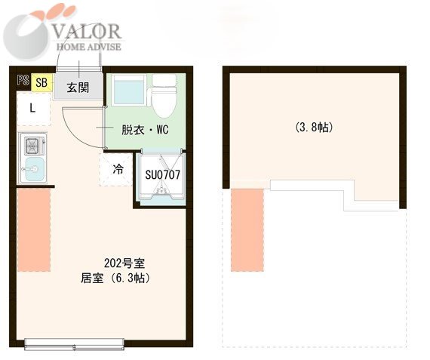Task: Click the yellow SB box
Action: pyautogui.click(x=41, y=82)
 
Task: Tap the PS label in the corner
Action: pyautogui.click(x=23, y=80)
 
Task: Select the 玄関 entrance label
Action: pyautogui.click(x=78, y=88)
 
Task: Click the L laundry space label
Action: pyautogui.click(x=32, y=109)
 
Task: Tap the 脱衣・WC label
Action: pyautogui.click(x=145, y=130)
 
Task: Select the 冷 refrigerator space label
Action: pyautogui.click(x=118, y=169)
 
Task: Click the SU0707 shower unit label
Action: pyautogui.click(x=163, y=174)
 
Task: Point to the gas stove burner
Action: pyautogui.click(x=32, y=146)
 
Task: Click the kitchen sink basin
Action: pyautogui.click(x=33, y=169)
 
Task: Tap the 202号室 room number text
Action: pyautogui.click(x=124, y=263)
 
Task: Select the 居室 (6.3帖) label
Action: pyautogui.click(x=115, y=278)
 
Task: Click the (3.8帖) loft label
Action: pyautogui.click(x=314, y=128)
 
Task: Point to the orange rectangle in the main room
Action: pyautogui.click(x=34, y=230)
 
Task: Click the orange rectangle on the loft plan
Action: pyautogui.click(x=247, y=230)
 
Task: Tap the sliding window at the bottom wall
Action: pyautogui.click(x=75, y=344)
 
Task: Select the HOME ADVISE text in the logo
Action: pyautogui.click(x=88, y=47)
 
